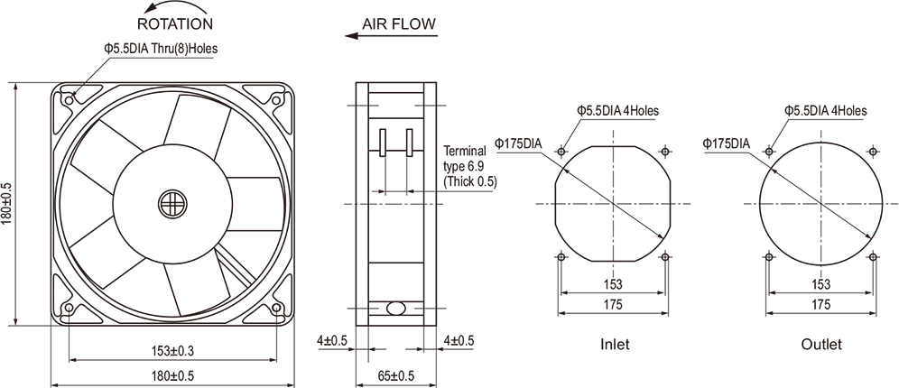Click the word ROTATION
pyautogui.click(x=175, y=23)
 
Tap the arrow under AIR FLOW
pyautogui.click(x=391, y=37)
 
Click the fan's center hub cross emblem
pyautogui.click(x=171, y=203)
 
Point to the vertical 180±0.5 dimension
pyautogui.click(x=7, y=204)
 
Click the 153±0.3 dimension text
pyautogui.click(x=171, y=350)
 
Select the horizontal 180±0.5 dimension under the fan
pyautogui.click(x=171, y=375)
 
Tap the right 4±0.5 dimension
pyautogui.click(x=459, y=340)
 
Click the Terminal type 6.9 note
pyautogui.click(x=469, y=166)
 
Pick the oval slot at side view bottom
pyautogui.click(x=395, y=308)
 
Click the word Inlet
pyautogui.click(x=615, y=345)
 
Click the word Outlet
pyautogui.click(x=821, y=345)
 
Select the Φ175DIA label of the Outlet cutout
pyautogui.click(x=725, y=143)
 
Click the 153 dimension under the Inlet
pyautogui.click(x=614, y=284)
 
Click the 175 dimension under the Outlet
pyautogui.click(x=821, y=305)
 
